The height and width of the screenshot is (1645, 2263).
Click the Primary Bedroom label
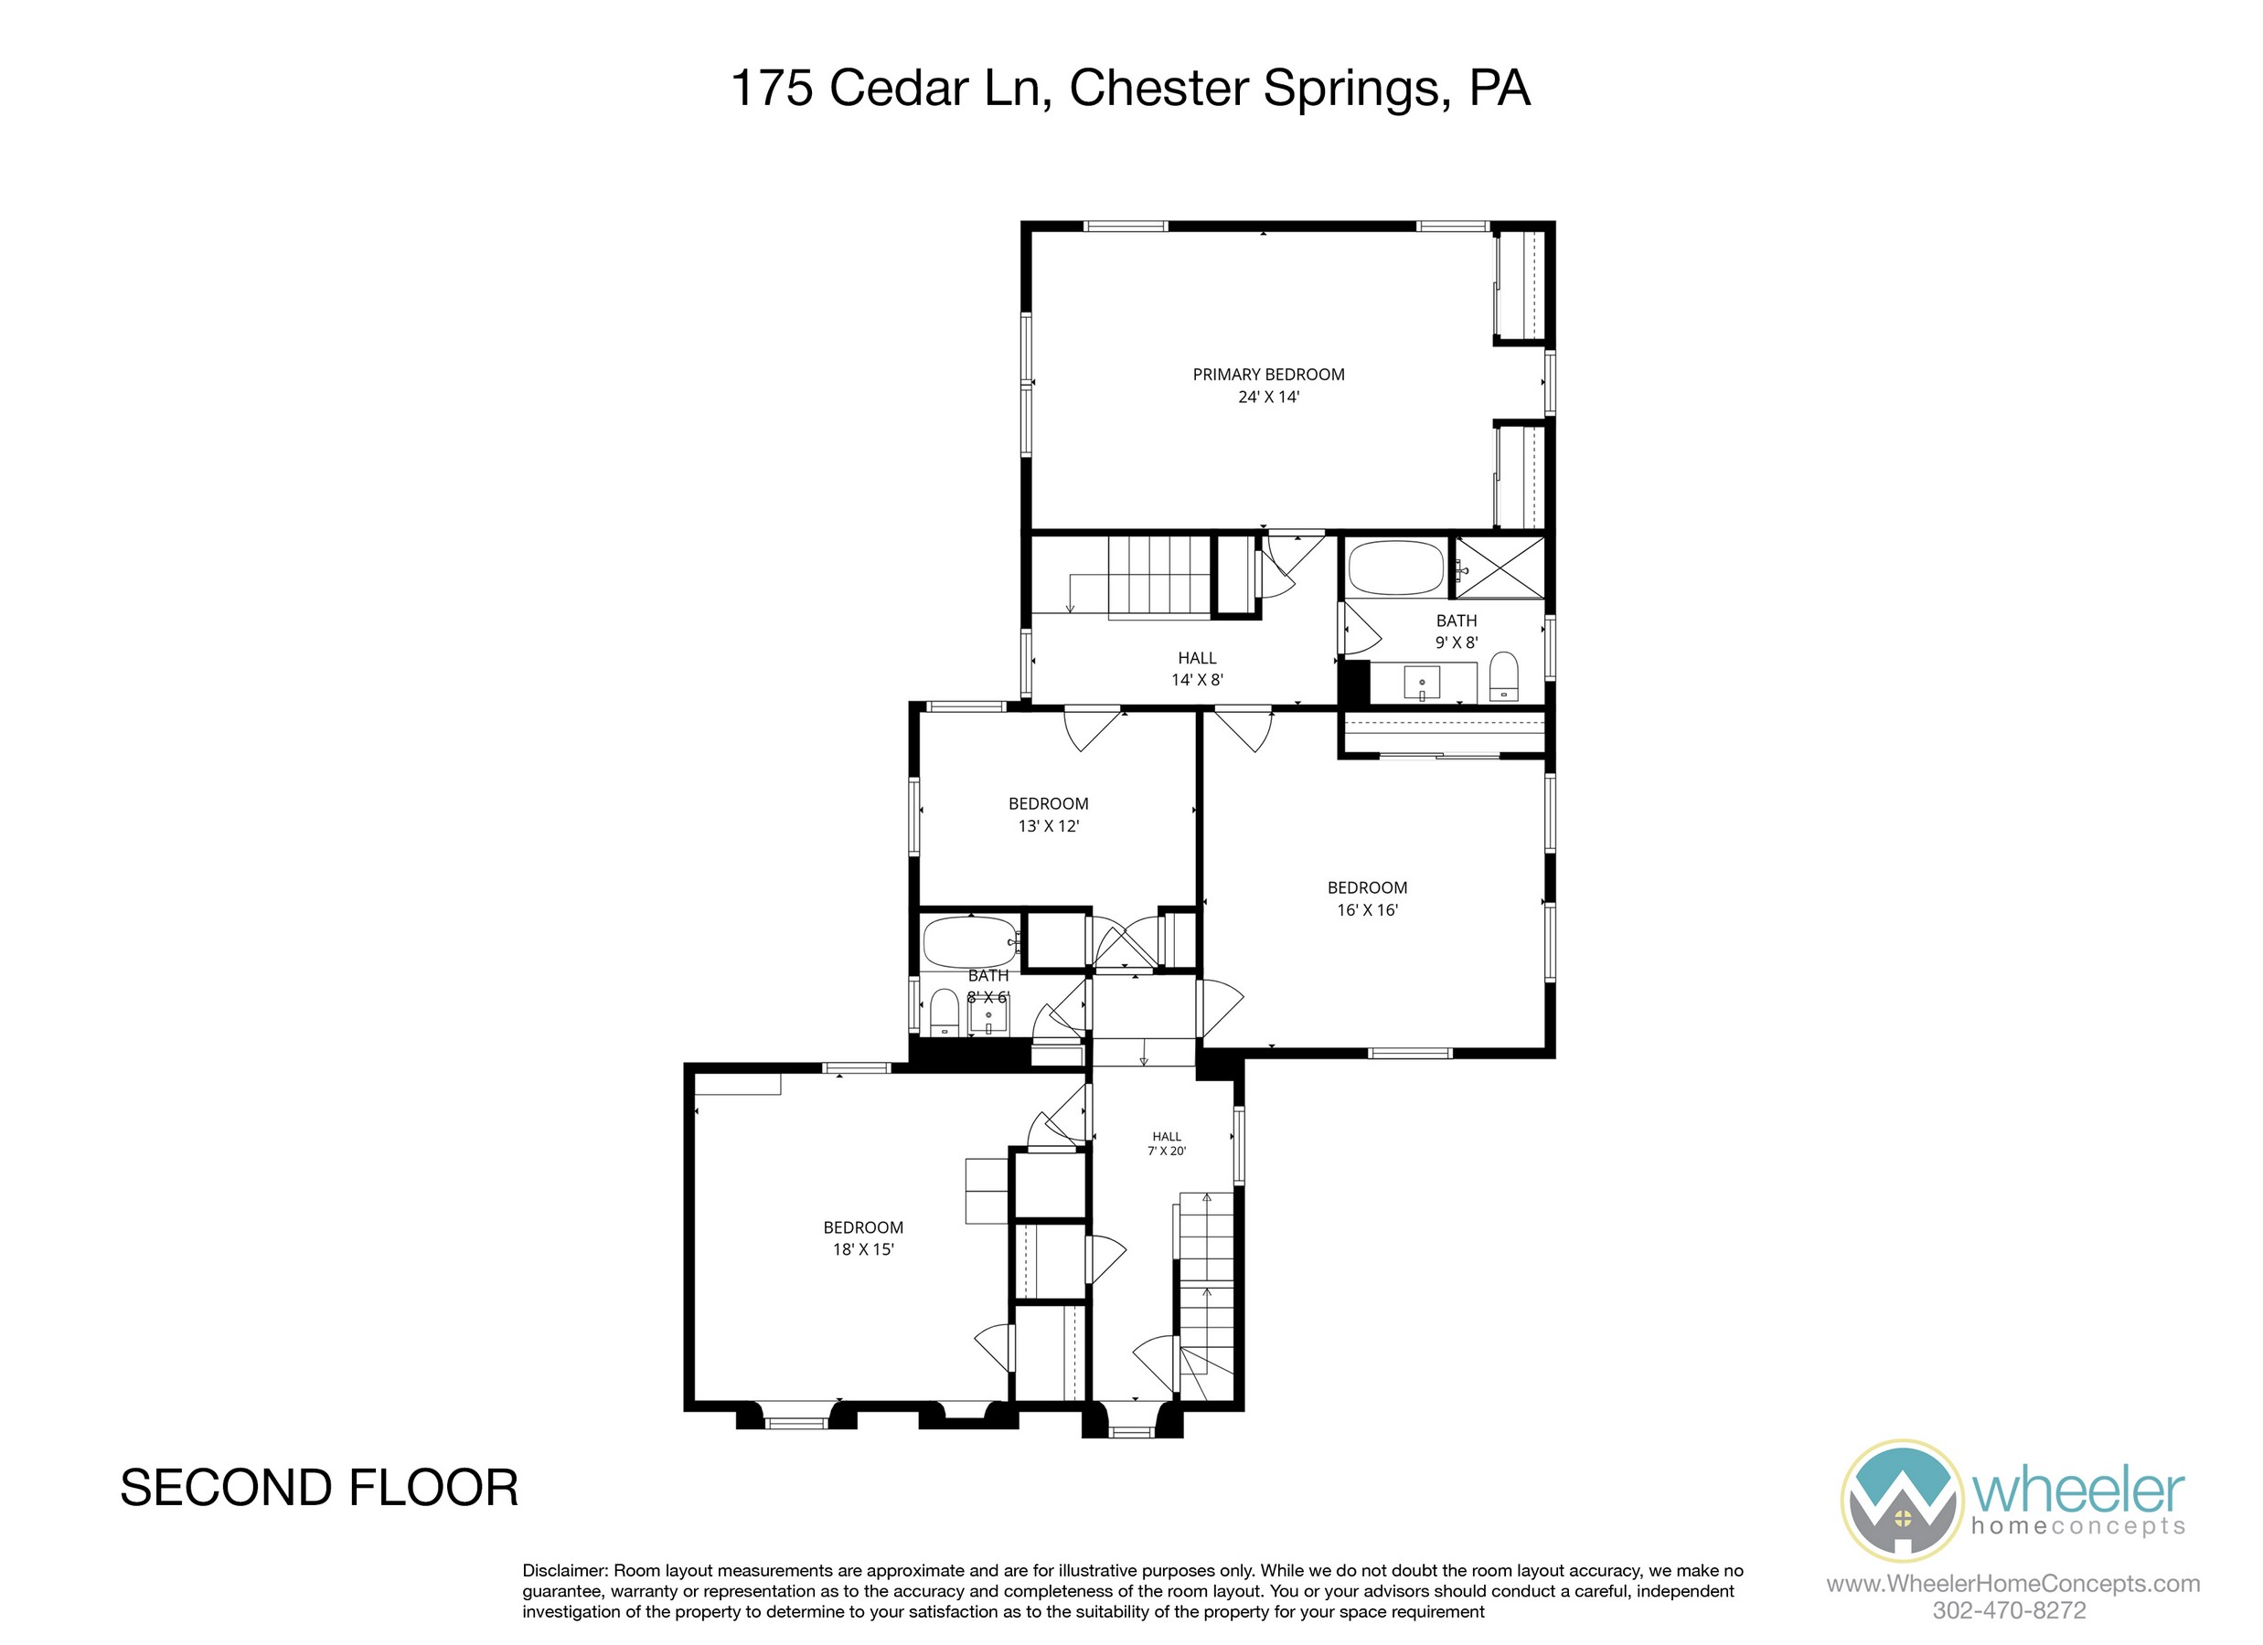pyautogui.click(x=1268, y=374)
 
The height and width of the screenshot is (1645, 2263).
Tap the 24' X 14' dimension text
pyautogui.click(x=1268, y=397)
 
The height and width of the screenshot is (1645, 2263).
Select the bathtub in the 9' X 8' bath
pyautogui.click(x=1396, y=568)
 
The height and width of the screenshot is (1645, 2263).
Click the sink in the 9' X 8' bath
pyautogui.click(x=1422, y=684)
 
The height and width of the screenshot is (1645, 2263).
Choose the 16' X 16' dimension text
pyautogui.click(x=1367, y=910)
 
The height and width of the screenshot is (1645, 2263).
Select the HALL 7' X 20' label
pyautogui.click(x=1167, y=1143)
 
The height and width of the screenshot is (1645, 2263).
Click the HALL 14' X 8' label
pyautogui.click(x=1198, y=668)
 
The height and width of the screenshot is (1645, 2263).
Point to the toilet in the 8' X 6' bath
pyautogui.click(x=943, y=1013)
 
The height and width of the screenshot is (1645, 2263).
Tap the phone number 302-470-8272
pyautogui.click(x=2009, y=1610)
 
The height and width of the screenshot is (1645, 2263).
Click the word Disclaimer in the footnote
pyautogui.click(x=564, y=1570)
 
